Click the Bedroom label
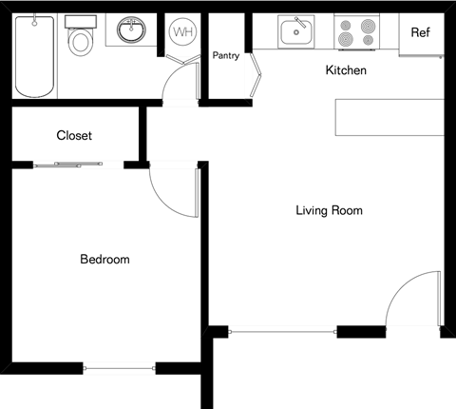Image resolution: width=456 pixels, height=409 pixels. point(104,259)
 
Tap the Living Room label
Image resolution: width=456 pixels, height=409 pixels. point(329,210)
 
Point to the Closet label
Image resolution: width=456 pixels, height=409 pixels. point(74,136)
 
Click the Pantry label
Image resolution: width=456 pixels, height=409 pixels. point(226,55)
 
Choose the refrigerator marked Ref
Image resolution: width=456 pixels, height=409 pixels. point(420,33)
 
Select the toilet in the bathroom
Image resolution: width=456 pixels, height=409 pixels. point(81,39)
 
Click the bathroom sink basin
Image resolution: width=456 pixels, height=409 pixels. point(132,31)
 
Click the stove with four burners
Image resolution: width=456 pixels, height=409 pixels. point(357,33)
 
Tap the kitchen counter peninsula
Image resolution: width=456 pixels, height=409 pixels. point(389,118)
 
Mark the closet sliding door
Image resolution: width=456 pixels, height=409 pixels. point(78,165)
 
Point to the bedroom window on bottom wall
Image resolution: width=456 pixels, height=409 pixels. point(120,368)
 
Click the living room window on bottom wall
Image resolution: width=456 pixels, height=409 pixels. point(283,331)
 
